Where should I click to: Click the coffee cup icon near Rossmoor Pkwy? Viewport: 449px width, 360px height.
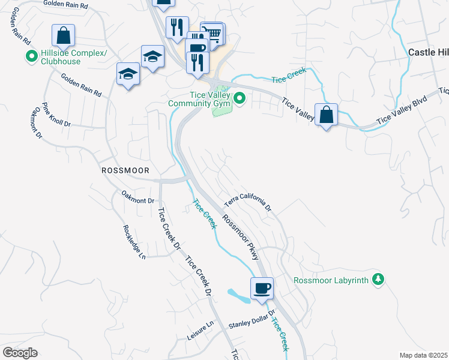click(262, 289)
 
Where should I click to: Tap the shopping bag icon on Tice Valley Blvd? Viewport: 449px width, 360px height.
click(326, 115)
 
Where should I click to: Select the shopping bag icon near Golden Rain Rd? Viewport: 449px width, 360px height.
click(64, 36)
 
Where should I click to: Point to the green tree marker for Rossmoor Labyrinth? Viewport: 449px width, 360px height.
click(378, 280)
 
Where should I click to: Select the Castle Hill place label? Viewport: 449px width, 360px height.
click(428, 52)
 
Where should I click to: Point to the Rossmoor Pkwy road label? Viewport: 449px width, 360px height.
click(243, 238)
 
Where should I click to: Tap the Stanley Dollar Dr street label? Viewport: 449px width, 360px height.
click(251, 320)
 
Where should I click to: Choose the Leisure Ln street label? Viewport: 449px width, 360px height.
click(200, 332)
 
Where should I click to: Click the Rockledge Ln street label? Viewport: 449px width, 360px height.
click(134, 242)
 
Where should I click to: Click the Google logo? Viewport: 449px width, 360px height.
click(20, 352)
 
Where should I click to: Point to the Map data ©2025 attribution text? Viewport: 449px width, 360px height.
click(423, 355)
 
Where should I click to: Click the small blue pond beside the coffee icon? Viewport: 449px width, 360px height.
click(238, 295)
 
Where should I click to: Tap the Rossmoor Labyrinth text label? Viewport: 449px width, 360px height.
click(331, 280)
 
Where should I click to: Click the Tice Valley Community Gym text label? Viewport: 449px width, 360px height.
click(199, 99)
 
